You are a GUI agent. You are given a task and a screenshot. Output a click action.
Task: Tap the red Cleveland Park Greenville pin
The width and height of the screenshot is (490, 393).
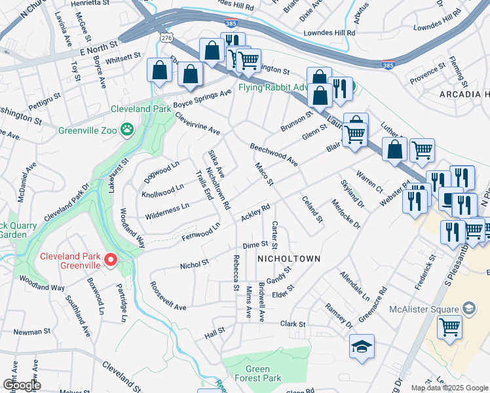click(x=111, y=261)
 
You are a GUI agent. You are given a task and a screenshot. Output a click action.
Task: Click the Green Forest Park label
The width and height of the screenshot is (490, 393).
click(x=257, y=373)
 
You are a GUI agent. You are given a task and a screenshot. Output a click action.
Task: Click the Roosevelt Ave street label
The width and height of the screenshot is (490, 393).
click(x=168, y=297)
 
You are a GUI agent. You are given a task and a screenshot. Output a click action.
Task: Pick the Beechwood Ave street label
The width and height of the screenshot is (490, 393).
click(x=274, y=154)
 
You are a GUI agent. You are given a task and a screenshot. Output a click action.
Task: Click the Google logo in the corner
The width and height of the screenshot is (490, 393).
click(x=22, y=385)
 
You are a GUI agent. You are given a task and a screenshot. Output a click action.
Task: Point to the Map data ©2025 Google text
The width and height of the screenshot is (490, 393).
click(x=449, y=388)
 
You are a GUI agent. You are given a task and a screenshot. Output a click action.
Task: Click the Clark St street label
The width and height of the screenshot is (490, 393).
click(x=293, y=324)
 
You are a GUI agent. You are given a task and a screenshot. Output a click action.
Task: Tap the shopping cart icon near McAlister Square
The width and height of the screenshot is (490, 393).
click(x=449, y=326)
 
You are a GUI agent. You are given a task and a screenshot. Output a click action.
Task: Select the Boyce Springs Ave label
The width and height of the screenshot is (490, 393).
click(x=202, y=99)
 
